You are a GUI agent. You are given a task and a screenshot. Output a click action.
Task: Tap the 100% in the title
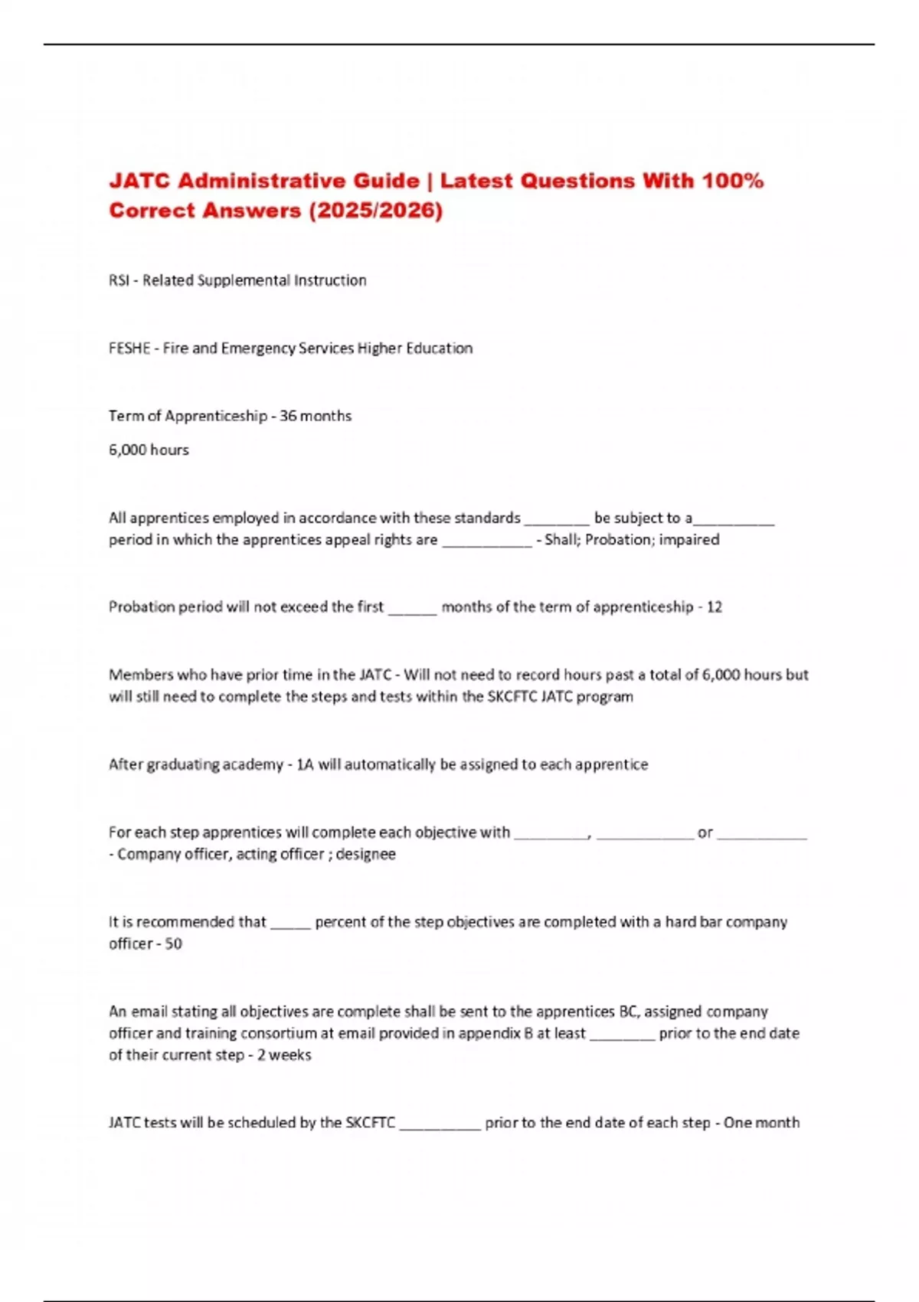click(733, 181)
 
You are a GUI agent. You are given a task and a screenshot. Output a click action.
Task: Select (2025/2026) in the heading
click(375, 210)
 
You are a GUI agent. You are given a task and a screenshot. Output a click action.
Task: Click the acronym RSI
click(119, 280)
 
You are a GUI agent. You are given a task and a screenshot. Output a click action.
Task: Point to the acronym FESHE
click(129, 348)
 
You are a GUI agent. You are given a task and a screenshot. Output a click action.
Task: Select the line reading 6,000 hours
click(149, 450)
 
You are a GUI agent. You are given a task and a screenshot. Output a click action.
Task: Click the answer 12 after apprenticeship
click(714, 607)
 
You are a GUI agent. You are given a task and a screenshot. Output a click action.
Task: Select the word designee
click(366, 854)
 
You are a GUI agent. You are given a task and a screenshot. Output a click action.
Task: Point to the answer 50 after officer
click(173, 944)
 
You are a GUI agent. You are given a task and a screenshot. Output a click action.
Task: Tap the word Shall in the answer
click(561, 539)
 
